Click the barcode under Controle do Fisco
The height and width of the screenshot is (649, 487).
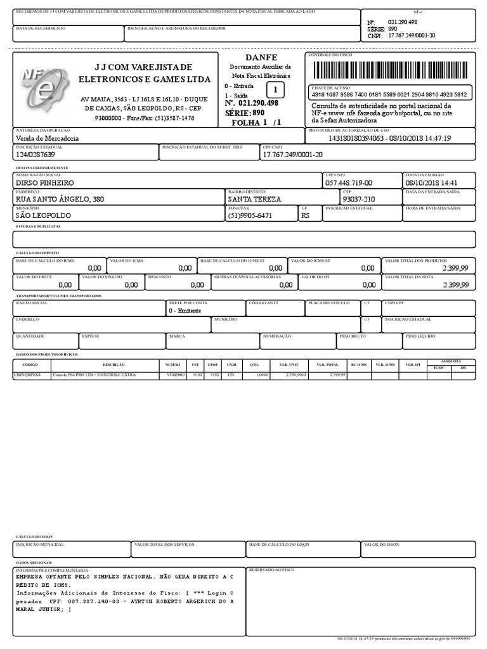[390, 69]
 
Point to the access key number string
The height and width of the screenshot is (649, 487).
[389, 94]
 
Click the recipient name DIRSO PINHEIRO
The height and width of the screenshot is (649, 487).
[44, 183]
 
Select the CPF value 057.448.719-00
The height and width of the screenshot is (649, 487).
[349, 183]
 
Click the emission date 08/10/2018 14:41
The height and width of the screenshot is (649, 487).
[431, 183]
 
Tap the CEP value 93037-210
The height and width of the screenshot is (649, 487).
[359, 199]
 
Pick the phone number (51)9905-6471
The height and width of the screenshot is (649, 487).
[250, 215]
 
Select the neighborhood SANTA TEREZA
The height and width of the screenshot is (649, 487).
[254, 199]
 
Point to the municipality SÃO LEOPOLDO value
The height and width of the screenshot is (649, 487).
[43, 215]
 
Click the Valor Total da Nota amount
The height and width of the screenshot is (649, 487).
[455, 285]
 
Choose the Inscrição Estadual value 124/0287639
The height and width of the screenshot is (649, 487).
[36, 155]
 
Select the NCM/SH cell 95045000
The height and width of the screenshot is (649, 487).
[176, 375]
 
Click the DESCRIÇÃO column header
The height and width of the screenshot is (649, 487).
[114, 366]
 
